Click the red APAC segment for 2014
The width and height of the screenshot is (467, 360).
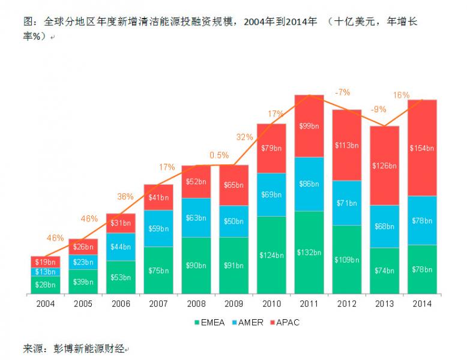click(x=422, y=148)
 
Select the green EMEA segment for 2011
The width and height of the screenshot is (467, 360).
click(x=309, y=252)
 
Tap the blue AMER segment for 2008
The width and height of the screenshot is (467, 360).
click(x=196, y=217)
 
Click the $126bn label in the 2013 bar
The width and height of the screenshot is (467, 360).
click(x=384, y=166)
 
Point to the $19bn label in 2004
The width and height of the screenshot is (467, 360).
click(x=46, y=262)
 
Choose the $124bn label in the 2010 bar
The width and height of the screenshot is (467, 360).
click(x=271, y=255)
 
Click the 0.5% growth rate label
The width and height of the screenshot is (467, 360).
click(x=219, y=155)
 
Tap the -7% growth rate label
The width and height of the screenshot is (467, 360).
click(x=343, y=92)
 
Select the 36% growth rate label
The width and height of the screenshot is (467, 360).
click(x=125, y=196)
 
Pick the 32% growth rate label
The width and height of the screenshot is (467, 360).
click(x=244, y=137)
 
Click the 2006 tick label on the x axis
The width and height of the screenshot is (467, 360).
click(x=121, y=304)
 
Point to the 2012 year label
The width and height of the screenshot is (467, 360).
click(x=347, y=304)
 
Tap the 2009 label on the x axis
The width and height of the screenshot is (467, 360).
click(x=233, y=304)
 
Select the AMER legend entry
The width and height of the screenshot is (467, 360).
click(x=246, y=323)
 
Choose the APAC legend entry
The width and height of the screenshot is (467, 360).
click(x=283, y=323)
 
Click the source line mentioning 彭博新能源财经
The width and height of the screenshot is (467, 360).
click(x=74, y=348)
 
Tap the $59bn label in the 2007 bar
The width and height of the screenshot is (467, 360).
click(x=158, y=228)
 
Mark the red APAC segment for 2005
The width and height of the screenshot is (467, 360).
click(x=83, y=247)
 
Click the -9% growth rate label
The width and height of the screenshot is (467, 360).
click(x=378, y=109)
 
